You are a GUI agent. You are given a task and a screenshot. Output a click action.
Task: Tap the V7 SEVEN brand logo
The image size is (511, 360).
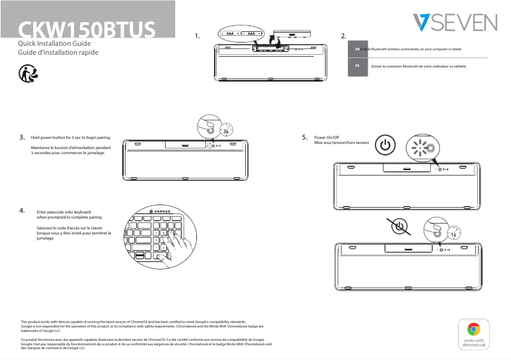(x=454, y=23)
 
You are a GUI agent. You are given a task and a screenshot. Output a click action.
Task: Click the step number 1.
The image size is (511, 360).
(x=198, y=36)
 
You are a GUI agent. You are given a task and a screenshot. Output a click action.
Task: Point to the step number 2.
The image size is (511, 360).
(x=343, y=36)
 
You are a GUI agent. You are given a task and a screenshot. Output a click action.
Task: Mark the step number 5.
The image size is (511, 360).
(x=305, y=137)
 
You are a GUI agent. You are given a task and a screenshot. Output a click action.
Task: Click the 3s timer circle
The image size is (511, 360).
(x=227, y=131)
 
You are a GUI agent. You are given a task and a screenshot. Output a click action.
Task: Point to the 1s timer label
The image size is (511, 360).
(x=453, y=234)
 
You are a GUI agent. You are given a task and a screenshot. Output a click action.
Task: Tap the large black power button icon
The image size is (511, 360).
(x=384, y=146)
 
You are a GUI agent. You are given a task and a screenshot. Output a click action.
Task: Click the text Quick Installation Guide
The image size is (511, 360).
(x=56, y=43)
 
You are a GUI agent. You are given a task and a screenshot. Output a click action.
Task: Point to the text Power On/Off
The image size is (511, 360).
(x=326, y=138)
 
